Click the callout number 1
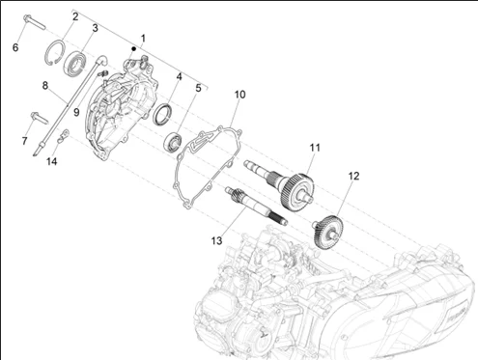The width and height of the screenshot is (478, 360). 143,39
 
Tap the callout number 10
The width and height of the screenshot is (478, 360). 239,95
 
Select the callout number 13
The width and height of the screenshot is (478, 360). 216,240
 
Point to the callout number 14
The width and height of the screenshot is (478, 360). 52,161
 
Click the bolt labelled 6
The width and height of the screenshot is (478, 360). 35,22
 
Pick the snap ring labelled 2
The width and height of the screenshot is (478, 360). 54,52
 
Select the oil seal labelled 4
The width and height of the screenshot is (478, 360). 162,115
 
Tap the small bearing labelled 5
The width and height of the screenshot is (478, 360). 173,141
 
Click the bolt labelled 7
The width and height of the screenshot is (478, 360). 40,118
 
